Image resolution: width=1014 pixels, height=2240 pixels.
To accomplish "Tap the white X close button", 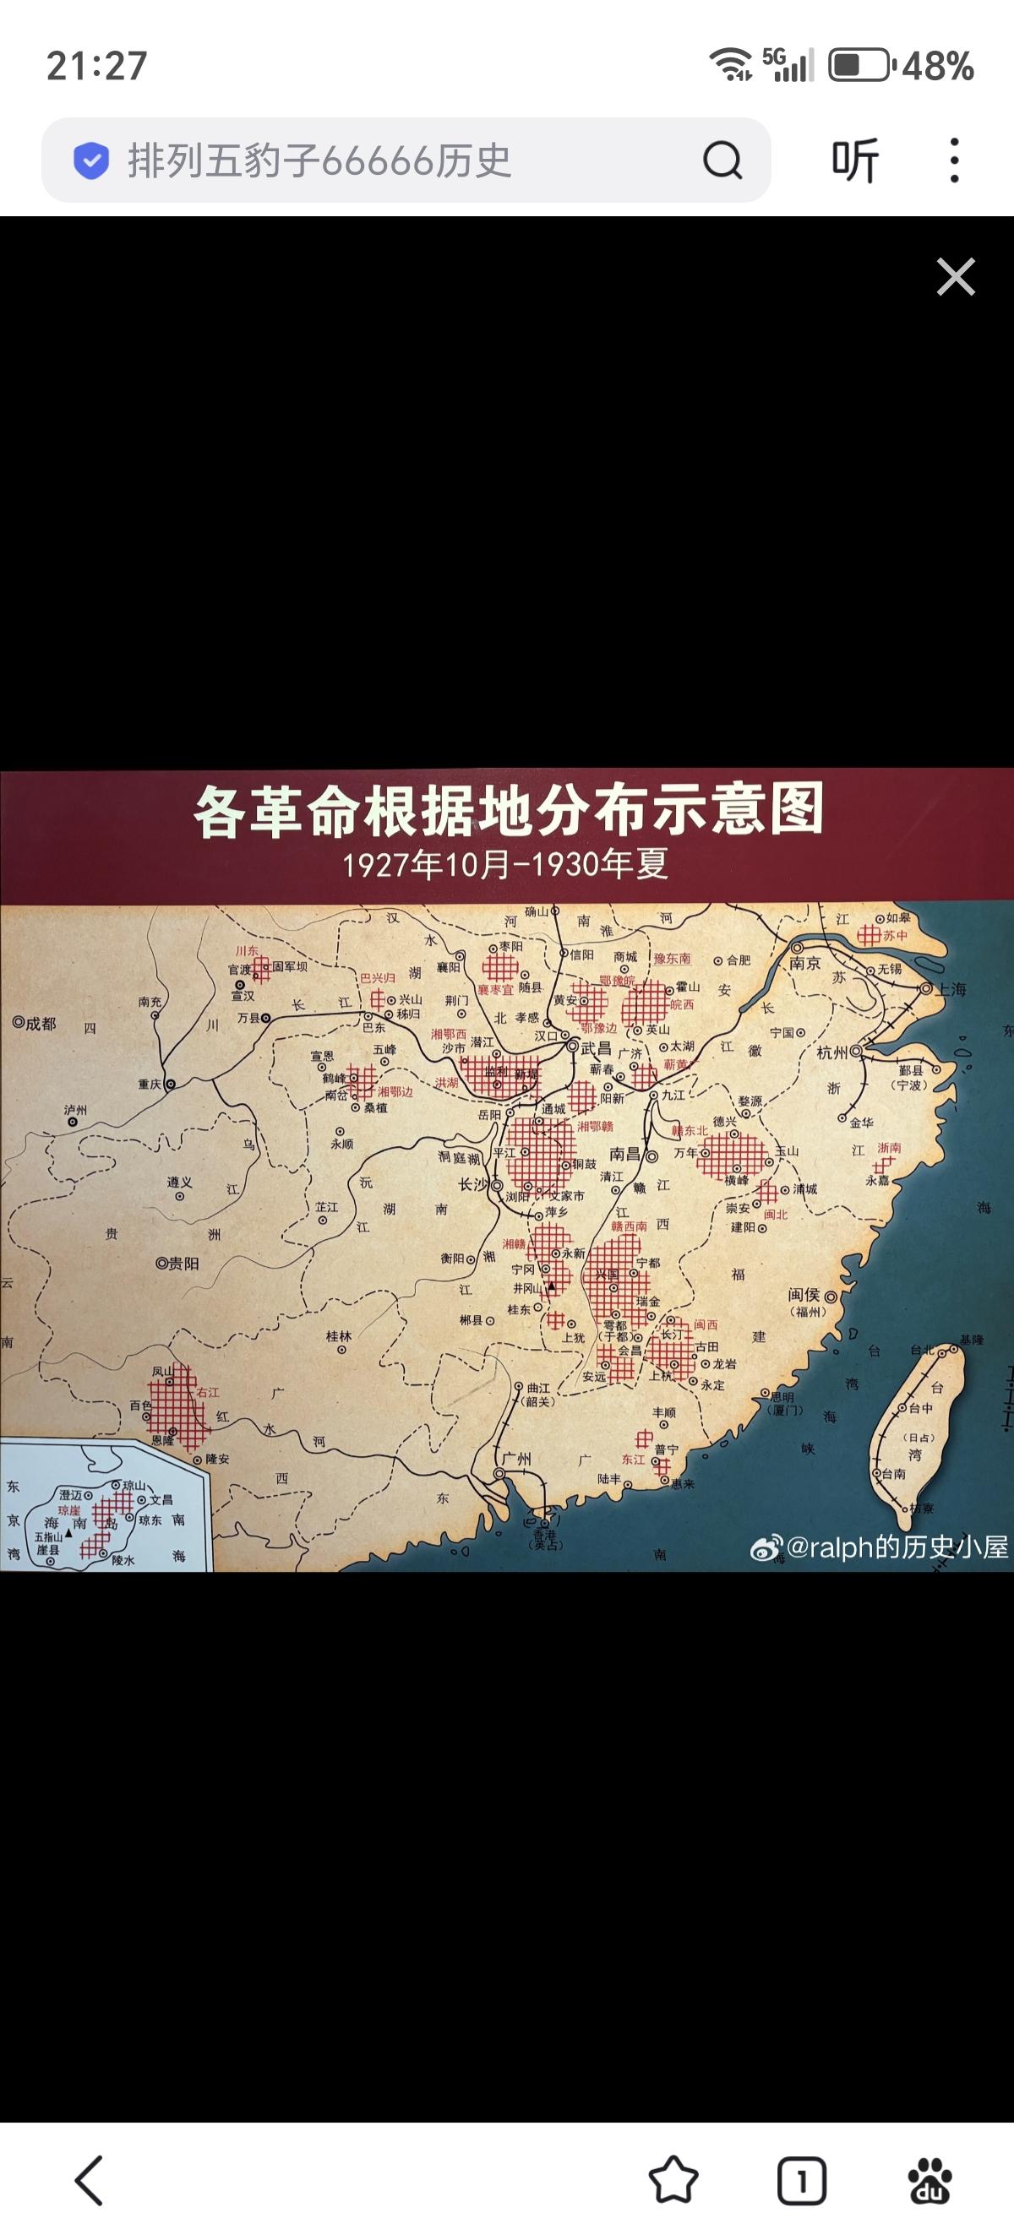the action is pyautogui.click(x=955, y=277).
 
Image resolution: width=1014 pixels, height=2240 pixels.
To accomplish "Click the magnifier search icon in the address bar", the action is pyautogui.click(x=722, y=160).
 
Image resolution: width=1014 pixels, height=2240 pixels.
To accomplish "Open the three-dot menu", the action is pyautogui.click(x=954, y=160).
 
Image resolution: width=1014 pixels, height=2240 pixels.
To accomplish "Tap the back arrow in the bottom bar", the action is pyautogui.click(x=89, y=2180).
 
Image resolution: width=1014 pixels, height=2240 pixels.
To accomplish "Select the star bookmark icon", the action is pyautogui.click(x=673, y=2180).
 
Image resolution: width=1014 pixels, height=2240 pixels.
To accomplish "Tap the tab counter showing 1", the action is pyautogui.click(x=801, y=2181).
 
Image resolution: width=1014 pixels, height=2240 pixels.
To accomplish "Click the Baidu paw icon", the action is pyautogui.click(x=929, y=2181).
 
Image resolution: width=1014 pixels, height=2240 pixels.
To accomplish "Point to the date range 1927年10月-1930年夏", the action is pyautogui.click(x=505, y=864).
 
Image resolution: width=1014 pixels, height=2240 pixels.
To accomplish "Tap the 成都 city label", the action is pyautogui.click(x=39, y=1023).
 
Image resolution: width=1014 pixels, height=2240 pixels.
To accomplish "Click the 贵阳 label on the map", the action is pyautogui.click(x=183, y=1263).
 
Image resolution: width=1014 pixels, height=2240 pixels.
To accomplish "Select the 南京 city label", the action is pyautogui.click(x=804, y=963).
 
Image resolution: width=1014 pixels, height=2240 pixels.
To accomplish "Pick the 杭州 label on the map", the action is pyautogui.click(x=832, y=1052).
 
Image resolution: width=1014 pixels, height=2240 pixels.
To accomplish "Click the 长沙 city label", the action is pyautogui.click(x=475, y=1184).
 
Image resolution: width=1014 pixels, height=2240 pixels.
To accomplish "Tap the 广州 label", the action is pyautogui.click(x=517, y=1458).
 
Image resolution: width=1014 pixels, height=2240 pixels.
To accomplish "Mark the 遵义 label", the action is pyautogui.click(x=179, y=1182).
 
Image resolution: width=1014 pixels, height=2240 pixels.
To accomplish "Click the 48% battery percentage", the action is pyautogui.click(x=937, y=66).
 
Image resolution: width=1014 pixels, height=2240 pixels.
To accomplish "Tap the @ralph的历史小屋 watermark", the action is pyautogui.click(x=896, y=1546).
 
